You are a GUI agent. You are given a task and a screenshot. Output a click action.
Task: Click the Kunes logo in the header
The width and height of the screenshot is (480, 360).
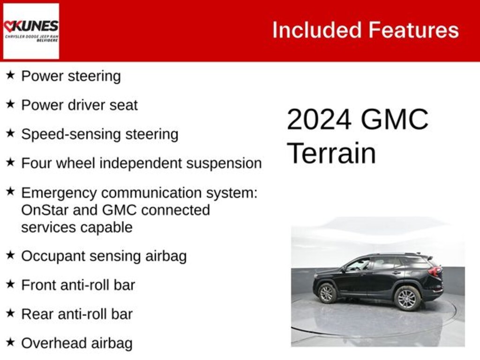(31, 31)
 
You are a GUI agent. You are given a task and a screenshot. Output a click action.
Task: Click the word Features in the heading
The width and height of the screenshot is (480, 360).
(413, 30)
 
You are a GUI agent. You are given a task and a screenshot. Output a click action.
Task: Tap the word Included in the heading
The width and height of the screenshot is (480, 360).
(316, 30)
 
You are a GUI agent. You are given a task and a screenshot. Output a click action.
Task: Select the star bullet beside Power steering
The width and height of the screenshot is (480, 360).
(10, 75)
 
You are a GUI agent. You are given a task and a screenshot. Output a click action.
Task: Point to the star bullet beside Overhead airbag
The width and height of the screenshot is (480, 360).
(10, 342)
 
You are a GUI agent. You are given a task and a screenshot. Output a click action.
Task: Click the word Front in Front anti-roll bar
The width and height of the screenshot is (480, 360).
(37, 285)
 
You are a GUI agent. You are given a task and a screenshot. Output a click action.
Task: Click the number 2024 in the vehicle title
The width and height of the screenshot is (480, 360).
(319, 120)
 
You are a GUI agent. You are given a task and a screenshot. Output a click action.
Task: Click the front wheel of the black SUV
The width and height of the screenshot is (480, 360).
(328, 293)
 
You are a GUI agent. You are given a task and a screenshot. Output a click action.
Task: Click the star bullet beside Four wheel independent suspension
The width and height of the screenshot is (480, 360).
(10, 163)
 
